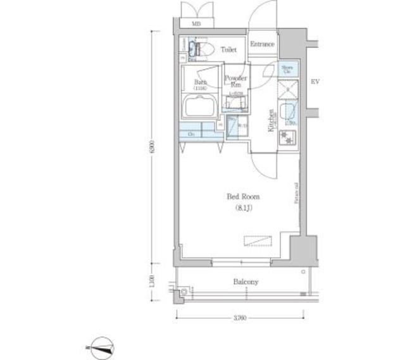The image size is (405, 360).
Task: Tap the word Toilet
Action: click(228, 49)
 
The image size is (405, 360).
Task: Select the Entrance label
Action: click(262, 44)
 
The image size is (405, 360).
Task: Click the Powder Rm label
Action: click(235, 81)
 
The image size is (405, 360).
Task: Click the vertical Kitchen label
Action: click(270, 120)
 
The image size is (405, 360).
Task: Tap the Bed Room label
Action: click(243, 197)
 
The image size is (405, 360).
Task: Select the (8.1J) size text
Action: click(243, 208)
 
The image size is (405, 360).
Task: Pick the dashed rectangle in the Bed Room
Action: click(258, 241)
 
